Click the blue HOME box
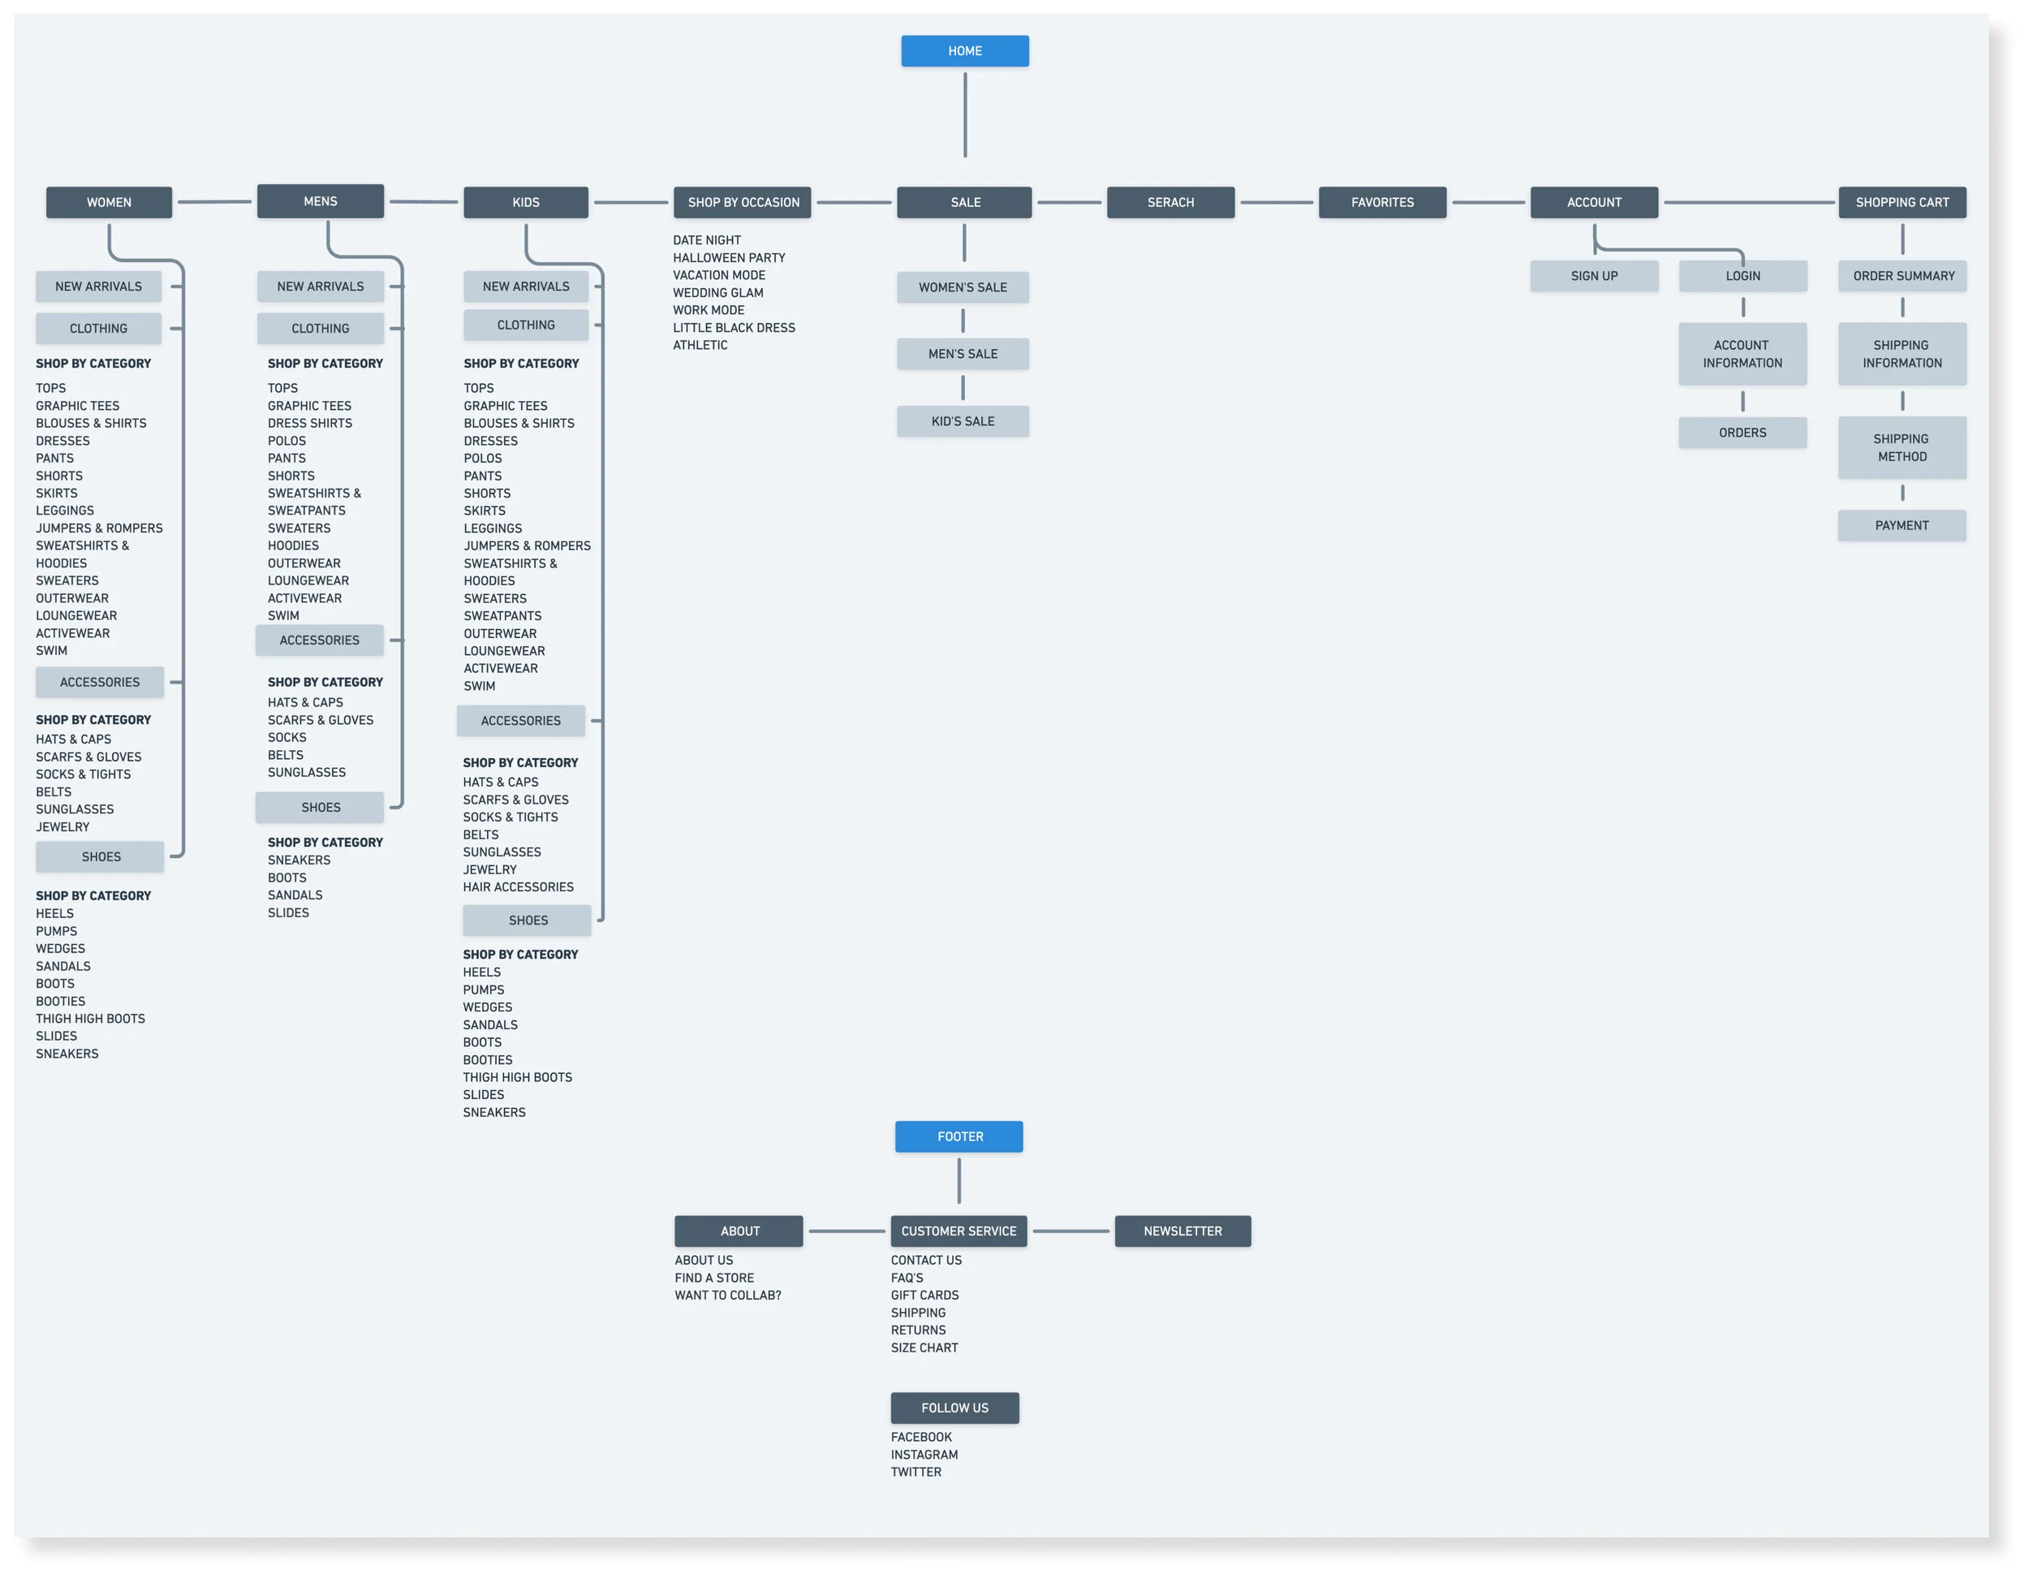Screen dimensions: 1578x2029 [964, 51]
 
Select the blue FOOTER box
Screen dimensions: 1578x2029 [958, 1136]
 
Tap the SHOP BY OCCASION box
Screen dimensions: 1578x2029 [743, 203]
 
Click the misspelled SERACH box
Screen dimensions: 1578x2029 [1170, 203]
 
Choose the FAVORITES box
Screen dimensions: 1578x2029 [1381, 203]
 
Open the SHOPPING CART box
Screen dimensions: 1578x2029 [1901, 203]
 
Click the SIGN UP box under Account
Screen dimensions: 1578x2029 [1593, 276]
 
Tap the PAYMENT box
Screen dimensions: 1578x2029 [1901, 525]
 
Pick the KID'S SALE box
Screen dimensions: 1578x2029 [963, 421]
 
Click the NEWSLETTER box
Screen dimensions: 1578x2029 [1182, 1231]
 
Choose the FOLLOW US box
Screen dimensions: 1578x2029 [954, 1407]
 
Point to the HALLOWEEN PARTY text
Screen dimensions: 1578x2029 [728, 257]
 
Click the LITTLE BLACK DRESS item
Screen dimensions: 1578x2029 [733, 327]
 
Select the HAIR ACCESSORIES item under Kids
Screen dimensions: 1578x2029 [518, 886]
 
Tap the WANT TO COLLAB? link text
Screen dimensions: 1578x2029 [727, 1295]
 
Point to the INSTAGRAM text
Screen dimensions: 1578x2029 [924, 1455]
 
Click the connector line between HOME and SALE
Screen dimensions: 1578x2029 [964, 116]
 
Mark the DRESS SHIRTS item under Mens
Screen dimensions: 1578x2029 [309, 423]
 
